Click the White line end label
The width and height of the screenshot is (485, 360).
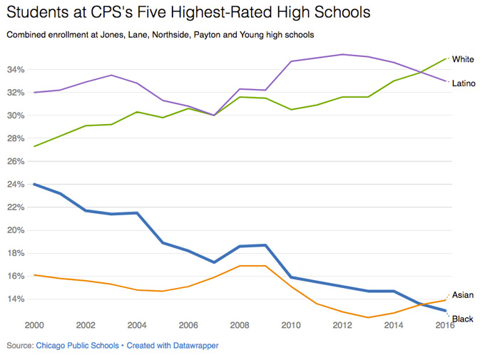[x=463, y=60]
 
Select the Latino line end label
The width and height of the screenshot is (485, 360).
[x=464, y=83]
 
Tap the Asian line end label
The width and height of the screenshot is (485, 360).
[x=463, y=294]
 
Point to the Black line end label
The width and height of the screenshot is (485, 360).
[x=463, y=319]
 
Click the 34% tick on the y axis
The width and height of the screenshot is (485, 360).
[x=16, y=70]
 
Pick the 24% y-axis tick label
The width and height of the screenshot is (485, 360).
[x=16, y=185]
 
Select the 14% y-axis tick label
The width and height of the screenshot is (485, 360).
[x=16, y=299]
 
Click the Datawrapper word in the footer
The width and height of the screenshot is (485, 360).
[x=192, y=345]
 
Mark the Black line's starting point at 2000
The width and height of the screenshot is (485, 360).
[x=34, y=185]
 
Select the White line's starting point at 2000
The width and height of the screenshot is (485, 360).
[x=34, y=147]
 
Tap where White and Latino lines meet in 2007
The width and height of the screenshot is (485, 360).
[x=214, y=115]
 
